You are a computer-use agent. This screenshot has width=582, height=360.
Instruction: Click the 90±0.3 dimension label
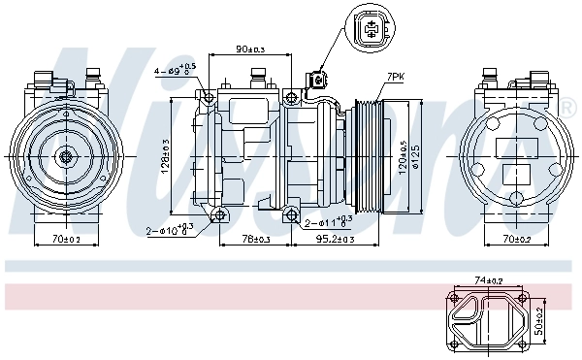[251, 49]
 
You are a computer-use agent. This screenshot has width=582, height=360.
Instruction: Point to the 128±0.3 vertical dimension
[166, 155]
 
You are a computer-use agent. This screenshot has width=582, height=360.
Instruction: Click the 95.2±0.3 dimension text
[335, 238]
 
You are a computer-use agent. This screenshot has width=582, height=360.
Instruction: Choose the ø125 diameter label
[416, 155]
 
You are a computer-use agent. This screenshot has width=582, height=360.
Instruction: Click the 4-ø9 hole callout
[175, 70]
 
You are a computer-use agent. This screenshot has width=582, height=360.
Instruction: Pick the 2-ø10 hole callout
[170, 230]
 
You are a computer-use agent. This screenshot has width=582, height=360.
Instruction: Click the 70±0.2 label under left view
[66, 238]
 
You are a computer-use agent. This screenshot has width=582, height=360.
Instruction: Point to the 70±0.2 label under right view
[514, 238]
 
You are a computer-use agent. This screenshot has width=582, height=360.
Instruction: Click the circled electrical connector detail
[368, 28]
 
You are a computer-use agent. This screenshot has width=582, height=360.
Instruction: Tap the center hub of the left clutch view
[66, 155]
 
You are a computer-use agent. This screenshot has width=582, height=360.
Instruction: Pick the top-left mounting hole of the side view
[207, 96]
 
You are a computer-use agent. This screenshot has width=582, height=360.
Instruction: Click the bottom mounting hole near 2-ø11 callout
[292, 213]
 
